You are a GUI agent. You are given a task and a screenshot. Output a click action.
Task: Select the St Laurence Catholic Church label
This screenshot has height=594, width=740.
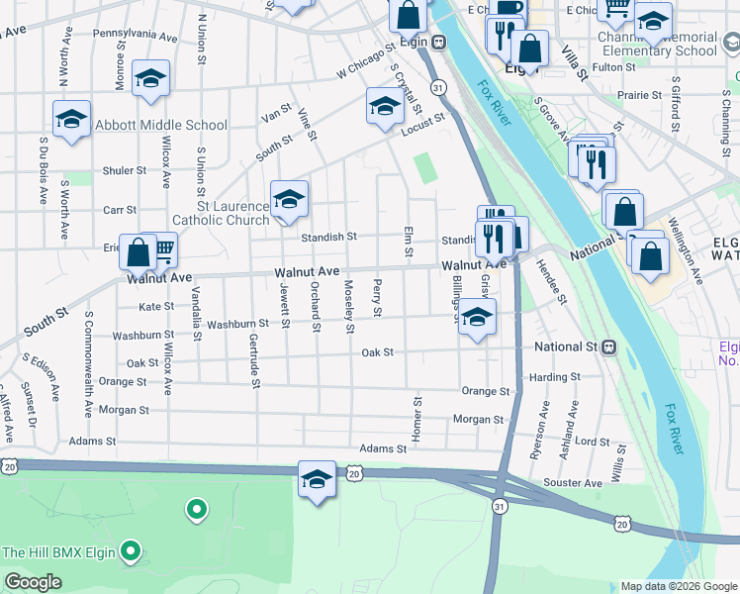coord(221,213)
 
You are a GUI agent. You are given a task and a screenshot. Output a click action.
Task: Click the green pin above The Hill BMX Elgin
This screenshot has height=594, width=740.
coord(197,510)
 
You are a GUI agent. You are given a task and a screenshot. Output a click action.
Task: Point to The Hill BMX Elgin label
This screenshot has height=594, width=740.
coord(58,552)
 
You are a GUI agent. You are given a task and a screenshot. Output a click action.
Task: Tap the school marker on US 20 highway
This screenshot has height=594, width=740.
coord(317,480)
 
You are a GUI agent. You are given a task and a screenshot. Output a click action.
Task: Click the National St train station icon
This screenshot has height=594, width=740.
coord(609,347)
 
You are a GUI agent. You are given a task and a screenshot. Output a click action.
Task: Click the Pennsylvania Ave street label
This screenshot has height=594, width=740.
coord(135,35)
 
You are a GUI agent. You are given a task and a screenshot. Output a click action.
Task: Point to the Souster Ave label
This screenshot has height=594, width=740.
coord(580,483)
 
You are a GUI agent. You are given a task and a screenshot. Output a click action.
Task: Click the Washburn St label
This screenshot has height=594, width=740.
coord(238,324)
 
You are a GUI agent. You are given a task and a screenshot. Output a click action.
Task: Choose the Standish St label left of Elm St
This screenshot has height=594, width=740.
coord(329,238)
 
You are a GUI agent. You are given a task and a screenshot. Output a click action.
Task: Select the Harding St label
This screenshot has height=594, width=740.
coord(554,377)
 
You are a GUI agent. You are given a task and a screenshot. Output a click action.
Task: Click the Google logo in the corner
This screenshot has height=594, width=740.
coord(33,582)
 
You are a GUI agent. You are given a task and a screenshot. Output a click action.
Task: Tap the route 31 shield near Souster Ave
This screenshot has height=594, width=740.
coord(501,505)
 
